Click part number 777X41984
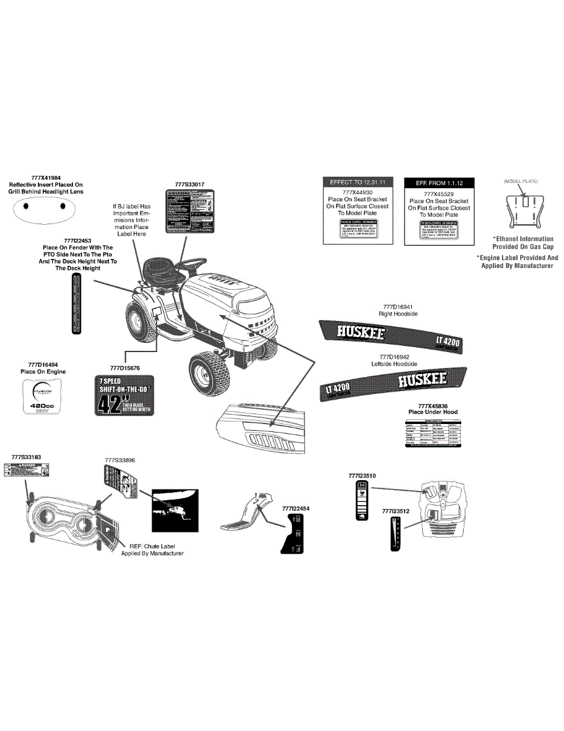46,177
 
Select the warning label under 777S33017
190,210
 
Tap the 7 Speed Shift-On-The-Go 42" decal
125,395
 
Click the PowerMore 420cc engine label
43,397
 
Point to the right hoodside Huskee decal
391,337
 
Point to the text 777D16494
43,364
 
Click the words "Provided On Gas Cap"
523,247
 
